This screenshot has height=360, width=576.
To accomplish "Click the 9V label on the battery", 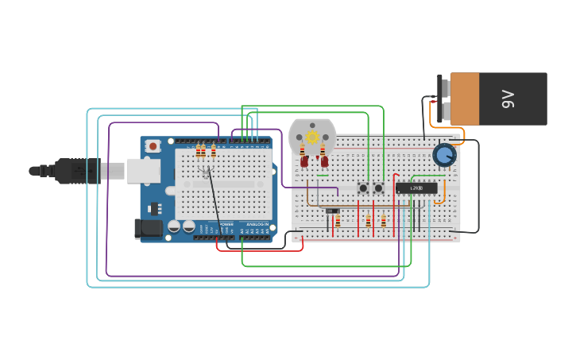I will tap(508, 99).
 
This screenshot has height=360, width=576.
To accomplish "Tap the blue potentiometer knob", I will tap(443, 155).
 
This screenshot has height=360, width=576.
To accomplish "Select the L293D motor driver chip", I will tap(416, 188).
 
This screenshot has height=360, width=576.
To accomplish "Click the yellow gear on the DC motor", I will tap(312, 137).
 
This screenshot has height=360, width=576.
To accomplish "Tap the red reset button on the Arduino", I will tap(153, 146).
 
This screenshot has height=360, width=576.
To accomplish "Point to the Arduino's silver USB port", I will tap(143, 171).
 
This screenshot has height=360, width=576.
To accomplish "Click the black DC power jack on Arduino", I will tap(149, 229).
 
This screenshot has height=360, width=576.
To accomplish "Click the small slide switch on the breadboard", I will tap(333, 211).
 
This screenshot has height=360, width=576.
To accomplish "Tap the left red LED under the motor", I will tap(304, 161).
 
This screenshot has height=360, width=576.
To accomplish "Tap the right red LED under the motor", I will tap(324, 161).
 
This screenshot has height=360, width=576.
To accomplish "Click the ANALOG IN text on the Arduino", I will tap(256, 224).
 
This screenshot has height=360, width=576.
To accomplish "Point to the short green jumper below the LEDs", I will tap(323, 175).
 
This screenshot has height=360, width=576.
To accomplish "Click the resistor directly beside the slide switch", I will tap(338, 221).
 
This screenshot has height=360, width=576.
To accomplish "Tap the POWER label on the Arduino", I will tap(226, 224).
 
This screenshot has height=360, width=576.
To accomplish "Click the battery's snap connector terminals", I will tap(443, 99).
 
